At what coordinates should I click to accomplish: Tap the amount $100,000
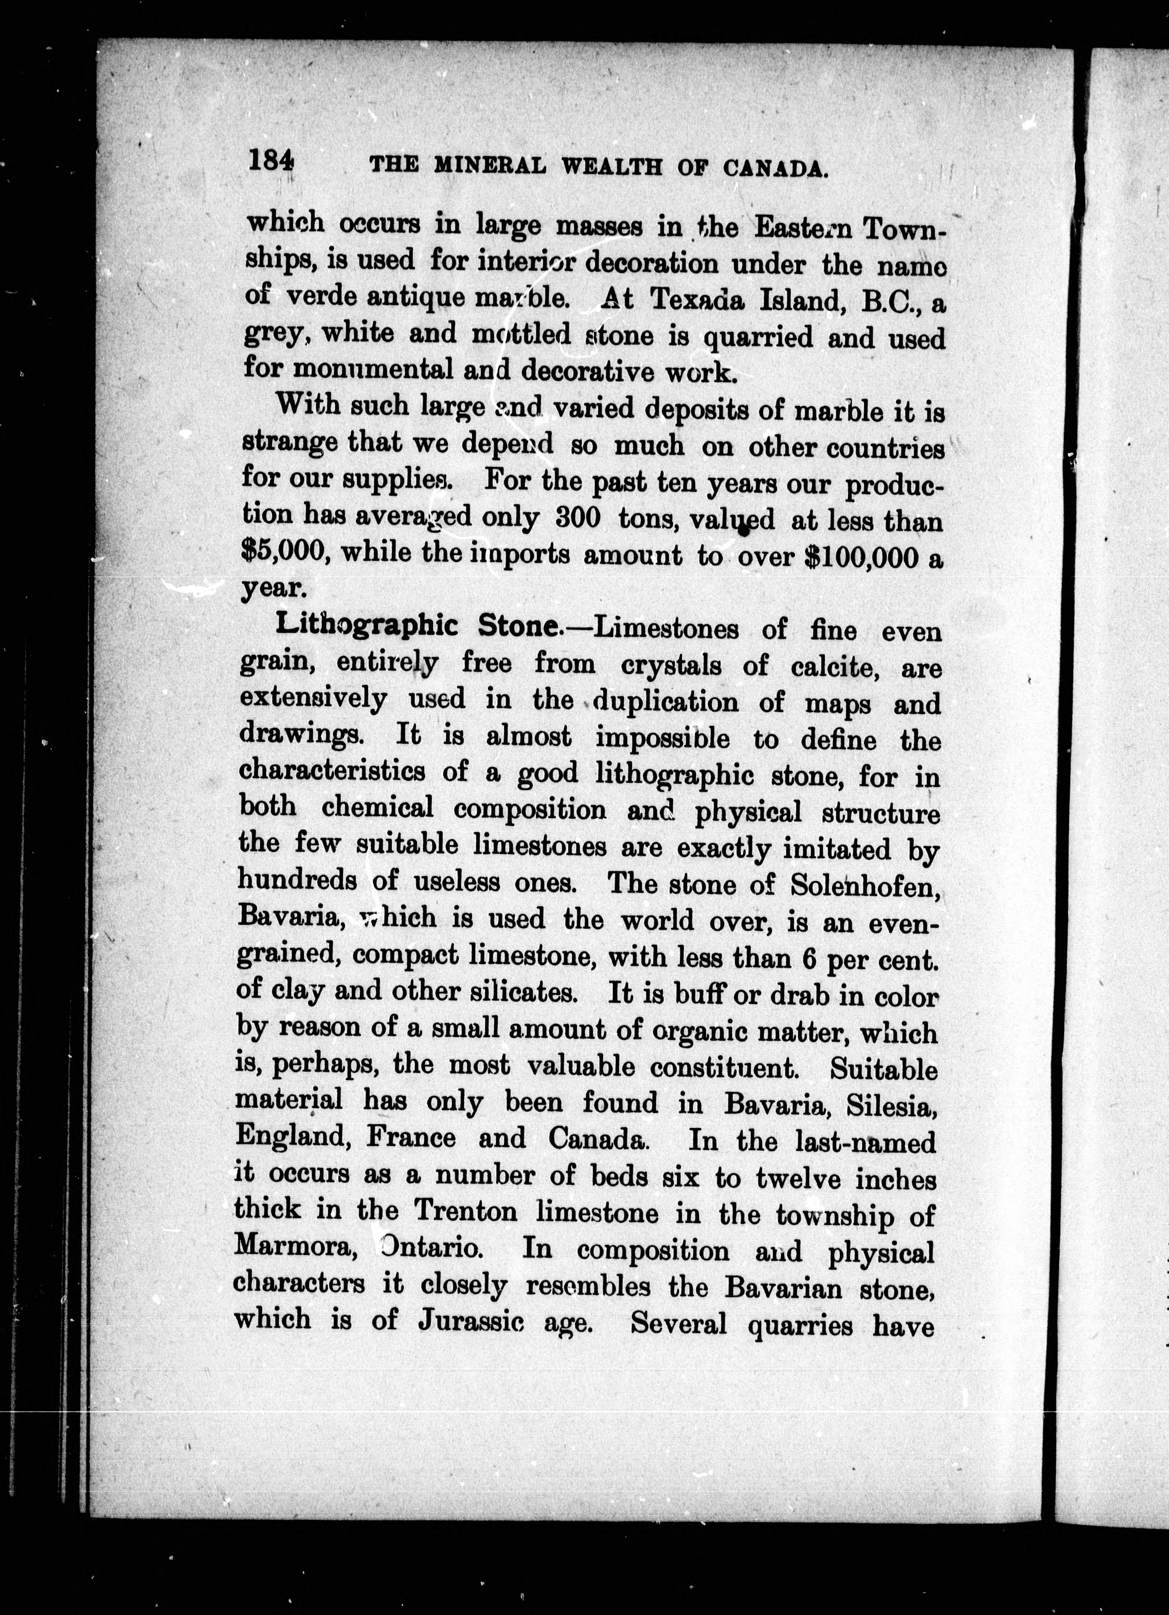pos(859,557)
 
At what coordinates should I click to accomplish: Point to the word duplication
pos(666,702)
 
